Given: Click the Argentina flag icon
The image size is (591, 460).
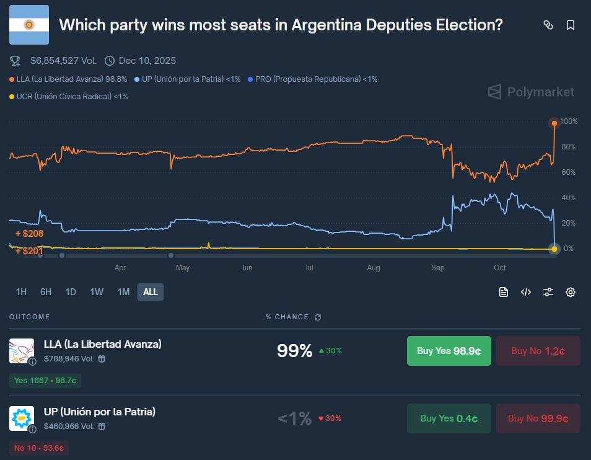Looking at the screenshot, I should tap(28, 25).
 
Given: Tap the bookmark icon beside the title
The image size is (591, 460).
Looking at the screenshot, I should tap(571, 25).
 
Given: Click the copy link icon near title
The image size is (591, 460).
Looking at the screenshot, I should tap(548, 25).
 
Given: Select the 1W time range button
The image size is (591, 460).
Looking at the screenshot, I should tap(97, 292).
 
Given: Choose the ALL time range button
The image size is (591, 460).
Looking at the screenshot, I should tap(151, 292).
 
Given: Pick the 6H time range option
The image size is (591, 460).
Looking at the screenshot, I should tap(46, 292).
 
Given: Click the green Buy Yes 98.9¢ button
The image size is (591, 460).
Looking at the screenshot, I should tap(449, 351).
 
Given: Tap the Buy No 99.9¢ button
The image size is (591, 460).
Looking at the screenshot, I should tap(538, 418).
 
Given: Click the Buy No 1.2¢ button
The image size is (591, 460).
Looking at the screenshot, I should tap(538, 351).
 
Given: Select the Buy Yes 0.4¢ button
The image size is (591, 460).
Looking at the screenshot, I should tap(449, 418).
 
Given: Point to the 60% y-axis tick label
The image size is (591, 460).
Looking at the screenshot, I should tap(568, 172).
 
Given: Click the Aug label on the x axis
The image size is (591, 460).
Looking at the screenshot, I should tap(374, 268).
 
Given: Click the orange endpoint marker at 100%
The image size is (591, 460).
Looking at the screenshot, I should tap(554, 123).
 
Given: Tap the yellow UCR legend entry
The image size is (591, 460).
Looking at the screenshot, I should tap(69, 96).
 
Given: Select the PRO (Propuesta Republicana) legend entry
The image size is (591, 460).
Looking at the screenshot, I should tap(312, 79).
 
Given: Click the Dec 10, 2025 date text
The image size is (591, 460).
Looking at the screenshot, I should tap(147, 61).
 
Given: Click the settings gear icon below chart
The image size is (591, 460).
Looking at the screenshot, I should tap(571, 292).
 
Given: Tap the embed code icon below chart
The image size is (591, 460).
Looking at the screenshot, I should tap(526, 292).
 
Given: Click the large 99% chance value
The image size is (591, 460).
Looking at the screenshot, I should tap(294, 351).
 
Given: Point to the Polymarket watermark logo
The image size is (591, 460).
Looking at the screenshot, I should tap(531, 92).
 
